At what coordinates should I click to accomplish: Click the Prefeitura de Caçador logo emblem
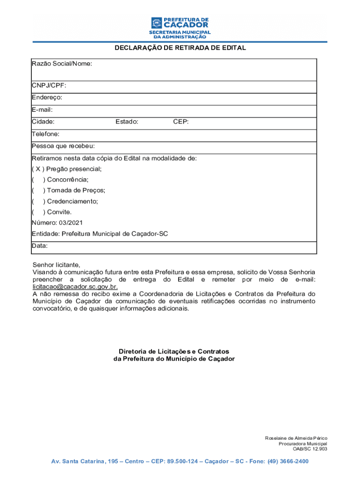[157, 23]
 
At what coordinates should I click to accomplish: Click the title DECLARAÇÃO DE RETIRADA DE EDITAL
[180, 48]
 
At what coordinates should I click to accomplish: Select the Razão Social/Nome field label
[62, 64]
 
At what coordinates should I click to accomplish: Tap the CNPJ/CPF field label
[49, 86]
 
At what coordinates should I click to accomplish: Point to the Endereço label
[47, 98]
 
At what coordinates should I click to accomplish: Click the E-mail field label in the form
[42, 110]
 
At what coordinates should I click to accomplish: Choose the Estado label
[127, 122]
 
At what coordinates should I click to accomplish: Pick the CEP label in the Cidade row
[181, 122]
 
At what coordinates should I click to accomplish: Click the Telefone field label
[45, 134]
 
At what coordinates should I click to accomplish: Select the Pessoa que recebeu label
[63, 146]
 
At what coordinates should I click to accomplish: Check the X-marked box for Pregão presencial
[37, 169]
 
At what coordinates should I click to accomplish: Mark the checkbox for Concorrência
[37, 180]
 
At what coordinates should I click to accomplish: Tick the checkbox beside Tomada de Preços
[37, 191]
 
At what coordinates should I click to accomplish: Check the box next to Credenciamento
[37, 202]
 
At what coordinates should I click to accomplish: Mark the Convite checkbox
[37, 212]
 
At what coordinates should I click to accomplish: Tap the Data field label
[40, 246]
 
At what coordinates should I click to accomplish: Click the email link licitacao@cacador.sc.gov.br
[75, 287]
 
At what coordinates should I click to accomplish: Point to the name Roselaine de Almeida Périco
[296, 438]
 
